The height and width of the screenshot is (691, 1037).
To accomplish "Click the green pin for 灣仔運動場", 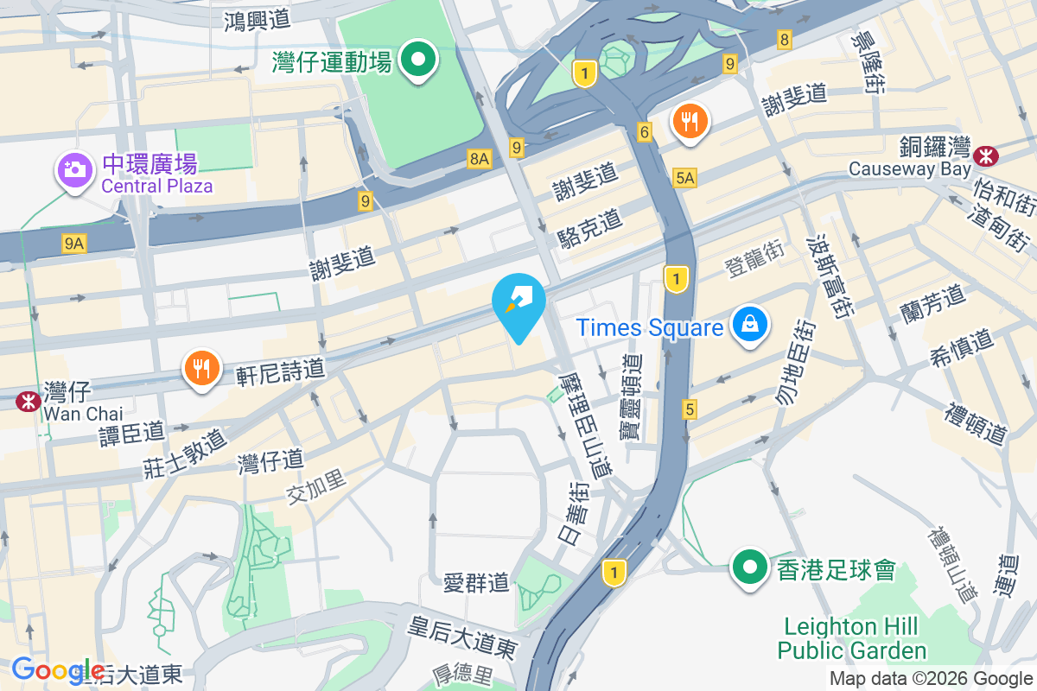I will click(420, 60).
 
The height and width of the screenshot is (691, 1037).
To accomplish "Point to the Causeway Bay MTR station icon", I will click(984, 156).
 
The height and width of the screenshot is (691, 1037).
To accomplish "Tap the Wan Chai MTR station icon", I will click(28, 400).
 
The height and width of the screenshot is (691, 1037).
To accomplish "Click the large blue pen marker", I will click(518, 304).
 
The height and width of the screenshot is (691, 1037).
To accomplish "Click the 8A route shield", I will click(480, 158).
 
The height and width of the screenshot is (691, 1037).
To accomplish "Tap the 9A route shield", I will click(74, 244).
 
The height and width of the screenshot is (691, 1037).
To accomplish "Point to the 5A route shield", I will click(684, 178).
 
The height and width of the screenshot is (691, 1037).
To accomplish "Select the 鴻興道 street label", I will click(257, 18).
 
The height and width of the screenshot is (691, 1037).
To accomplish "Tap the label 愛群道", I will click(475, 583).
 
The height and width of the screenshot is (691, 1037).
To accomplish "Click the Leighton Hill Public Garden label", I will click(851, 637).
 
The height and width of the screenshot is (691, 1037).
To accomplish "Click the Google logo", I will click(57, 669).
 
